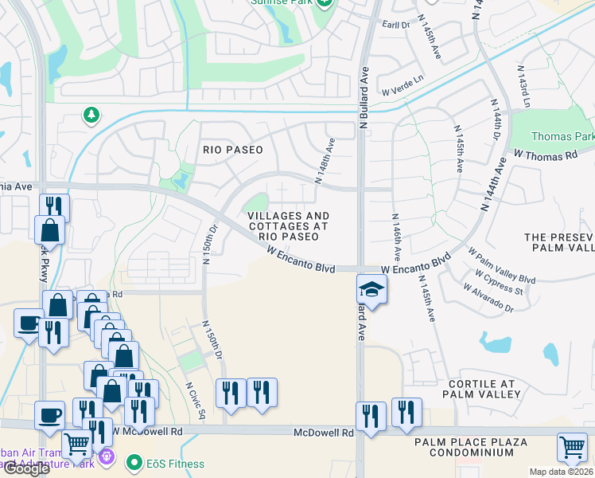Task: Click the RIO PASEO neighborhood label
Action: point(232,150)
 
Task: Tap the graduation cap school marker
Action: point(371,288)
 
